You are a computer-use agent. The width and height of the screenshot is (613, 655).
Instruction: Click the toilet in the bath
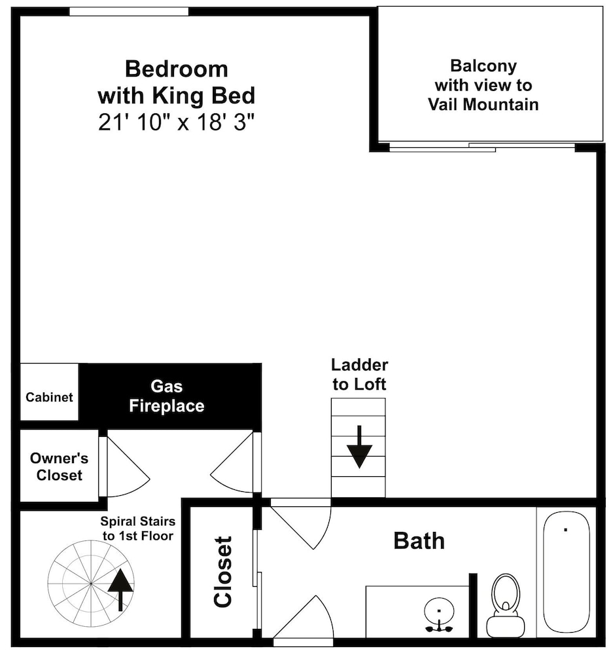point(505,605)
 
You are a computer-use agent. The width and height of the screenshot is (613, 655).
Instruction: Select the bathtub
point(567,572)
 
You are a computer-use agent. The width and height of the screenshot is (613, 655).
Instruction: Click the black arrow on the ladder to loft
point(359,447)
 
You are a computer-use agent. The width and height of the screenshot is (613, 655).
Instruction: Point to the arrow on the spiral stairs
point(120,589)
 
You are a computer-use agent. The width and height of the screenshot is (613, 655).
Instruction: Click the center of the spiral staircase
point(91,583)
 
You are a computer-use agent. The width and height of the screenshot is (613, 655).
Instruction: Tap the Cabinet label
point(49,397)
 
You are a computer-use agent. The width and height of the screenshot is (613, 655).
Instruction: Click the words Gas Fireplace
point(167,396)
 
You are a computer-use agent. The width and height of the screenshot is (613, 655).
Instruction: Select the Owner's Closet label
point(60,466)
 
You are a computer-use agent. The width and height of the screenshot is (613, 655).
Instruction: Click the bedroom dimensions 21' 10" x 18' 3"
point(176,123)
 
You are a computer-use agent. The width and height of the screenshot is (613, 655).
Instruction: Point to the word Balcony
point(483,66)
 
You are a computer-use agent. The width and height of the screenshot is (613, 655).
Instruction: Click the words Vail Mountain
point(483,104)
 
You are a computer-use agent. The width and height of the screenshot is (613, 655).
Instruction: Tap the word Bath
point(419,541)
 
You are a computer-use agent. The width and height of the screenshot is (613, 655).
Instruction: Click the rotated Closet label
point(223,572)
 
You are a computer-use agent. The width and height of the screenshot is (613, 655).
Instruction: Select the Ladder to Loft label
point(359,375)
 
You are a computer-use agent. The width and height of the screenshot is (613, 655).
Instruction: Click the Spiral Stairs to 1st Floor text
point(137,529)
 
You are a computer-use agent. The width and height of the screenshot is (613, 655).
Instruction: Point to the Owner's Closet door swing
point(128,467)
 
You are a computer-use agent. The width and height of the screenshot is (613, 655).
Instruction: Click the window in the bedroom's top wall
point(128,11)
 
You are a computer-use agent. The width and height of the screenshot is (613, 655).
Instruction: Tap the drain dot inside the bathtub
point(565,530)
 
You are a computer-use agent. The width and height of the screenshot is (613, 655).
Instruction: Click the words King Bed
point(203,96)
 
